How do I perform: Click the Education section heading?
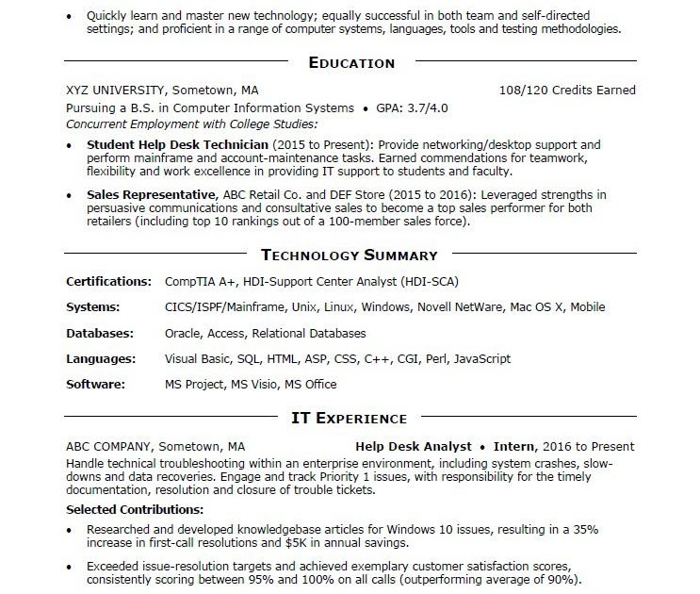tap(351, 63)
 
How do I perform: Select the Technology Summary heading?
tap(349, 255)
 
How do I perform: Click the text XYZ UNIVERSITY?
tap(118, 91)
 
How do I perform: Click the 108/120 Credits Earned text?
tap(566, 91)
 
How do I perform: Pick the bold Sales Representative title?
tap(151, 195)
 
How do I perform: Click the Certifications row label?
tap(109, 281)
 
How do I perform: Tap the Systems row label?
tap(93, 307)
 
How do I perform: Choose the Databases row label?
tap(100, 333)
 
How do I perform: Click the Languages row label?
tap(101, 358)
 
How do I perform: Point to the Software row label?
tap(95, 384)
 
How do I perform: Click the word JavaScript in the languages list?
tap(482, 358)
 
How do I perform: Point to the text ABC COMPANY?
tap(108, 446)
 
